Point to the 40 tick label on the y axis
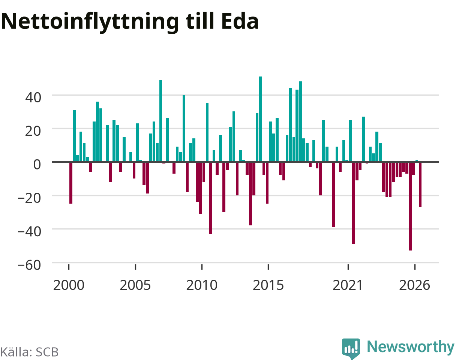click(x=33, y=97)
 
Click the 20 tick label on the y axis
click(x=33, y=131)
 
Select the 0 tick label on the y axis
click(x=37, y=164)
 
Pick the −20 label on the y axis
click(x=29, y=198)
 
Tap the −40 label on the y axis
click(x=29, y=231)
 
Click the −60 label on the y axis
click(x=29, y=265)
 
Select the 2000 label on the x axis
click(x=69, y=285)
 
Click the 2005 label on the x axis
click(x=135, y=285)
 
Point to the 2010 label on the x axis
click(x=202, y=285)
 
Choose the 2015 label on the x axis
click(x=268, y=285)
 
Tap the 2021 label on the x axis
click(x=348, y=285)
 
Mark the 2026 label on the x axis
click(x=415, y=285)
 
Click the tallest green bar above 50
click(x=260, y=119)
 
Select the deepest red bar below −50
click(x=410, y=206)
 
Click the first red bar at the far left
click(x=71, y=183)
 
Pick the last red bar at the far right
click(x=420, y=184)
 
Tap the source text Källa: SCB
click(x=29, y=352)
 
